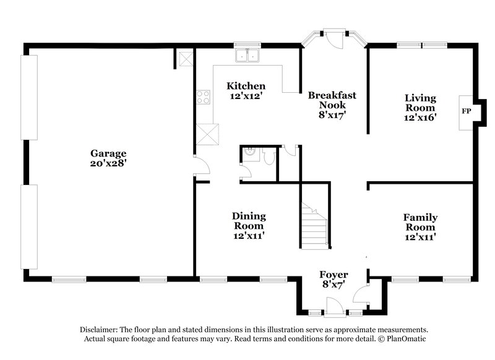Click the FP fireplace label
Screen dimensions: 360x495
point(466,112)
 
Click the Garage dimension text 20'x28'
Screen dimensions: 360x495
point(108,164)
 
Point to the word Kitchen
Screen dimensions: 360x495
point(246,86)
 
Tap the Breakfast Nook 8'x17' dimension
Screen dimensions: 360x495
point(332,114)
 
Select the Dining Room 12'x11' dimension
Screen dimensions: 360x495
point(249,236)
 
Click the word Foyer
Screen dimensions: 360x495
point(333,274)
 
